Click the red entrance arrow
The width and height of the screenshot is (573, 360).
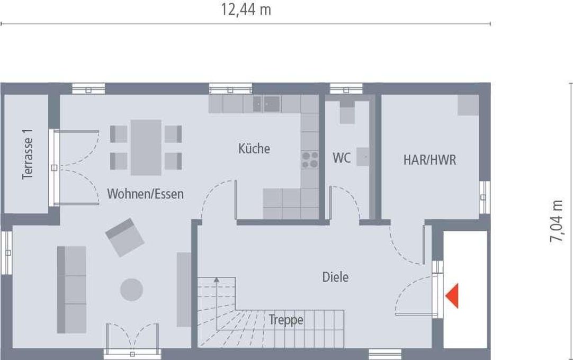[452, 295]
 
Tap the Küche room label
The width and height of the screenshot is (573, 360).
[254, 149]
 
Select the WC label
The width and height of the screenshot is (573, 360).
[342, 158]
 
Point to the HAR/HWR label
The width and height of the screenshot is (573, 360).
[430, 160]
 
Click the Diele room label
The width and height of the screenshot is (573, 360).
[335, 277]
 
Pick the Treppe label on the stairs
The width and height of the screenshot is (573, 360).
[286, 320]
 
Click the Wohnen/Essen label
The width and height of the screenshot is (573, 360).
[146, 194]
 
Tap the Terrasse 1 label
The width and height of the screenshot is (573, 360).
[28, 154]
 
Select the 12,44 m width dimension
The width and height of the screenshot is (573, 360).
[246, 10]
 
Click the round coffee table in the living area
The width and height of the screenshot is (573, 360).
[131, 290]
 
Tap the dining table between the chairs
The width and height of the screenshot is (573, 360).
[146, 148]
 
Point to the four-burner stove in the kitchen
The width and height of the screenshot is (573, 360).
[310, 160]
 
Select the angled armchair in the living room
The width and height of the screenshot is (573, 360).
[124, 238]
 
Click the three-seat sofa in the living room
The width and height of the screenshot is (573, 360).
[71, 290]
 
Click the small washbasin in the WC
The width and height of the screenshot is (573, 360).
[363, 157]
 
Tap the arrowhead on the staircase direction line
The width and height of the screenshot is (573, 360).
[217, 280]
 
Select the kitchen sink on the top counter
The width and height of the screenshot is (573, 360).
[267, 104]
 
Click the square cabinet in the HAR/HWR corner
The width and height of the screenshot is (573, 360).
[468, 105]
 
